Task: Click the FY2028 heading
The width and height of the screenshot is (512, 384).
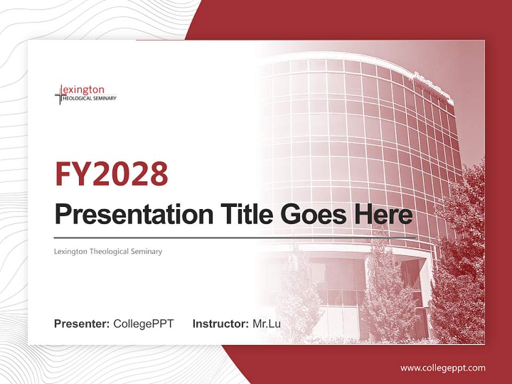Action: coord(111,173)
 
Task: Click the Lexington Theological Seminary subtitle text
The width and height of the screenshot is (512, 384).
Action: coord(108,251)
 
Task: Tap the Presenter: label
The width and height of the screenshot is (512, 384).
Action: coord(82,323)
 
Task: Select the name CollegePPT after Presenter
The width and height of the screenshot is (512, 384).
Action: coord(143,323)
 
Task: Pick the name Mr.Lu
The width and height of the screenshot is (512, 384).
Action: coord(267,323)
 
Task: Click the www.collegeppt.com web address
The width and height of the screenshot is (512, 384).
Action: coord(443,367)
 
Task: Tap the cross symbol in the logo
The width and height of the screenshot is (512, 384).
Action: coord(59,96)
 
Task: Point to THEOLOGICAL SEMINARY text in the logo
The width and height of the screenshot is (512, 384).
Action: coord(90,99)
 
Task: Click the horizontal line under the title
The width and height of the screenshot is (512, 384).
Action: coord(235,236)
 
